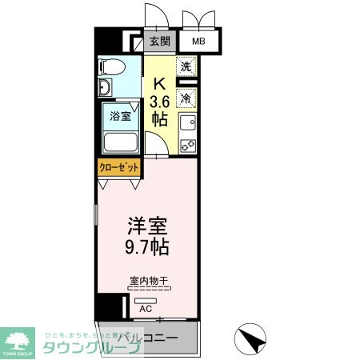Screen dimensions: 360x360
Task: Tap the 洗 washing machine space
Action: (186, 68)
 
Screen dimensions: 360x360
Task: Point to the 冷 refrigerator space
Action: (186, 99)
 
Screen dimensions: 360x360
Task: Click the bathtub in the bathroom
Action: (121, 142)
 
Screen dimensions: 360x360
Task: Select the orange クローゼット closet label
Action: (119, 167)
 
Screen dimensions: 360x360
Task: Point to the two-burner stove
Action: (187, 146)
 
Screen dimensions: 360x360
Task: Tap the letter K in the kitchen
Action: (159, 82)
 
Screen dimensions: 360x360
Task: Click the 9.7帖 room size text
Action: (145, 246)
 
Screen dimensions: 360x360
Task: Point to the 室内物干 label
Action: (147, 281)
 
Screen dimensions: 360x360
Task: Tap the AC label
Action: (146, 307)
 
